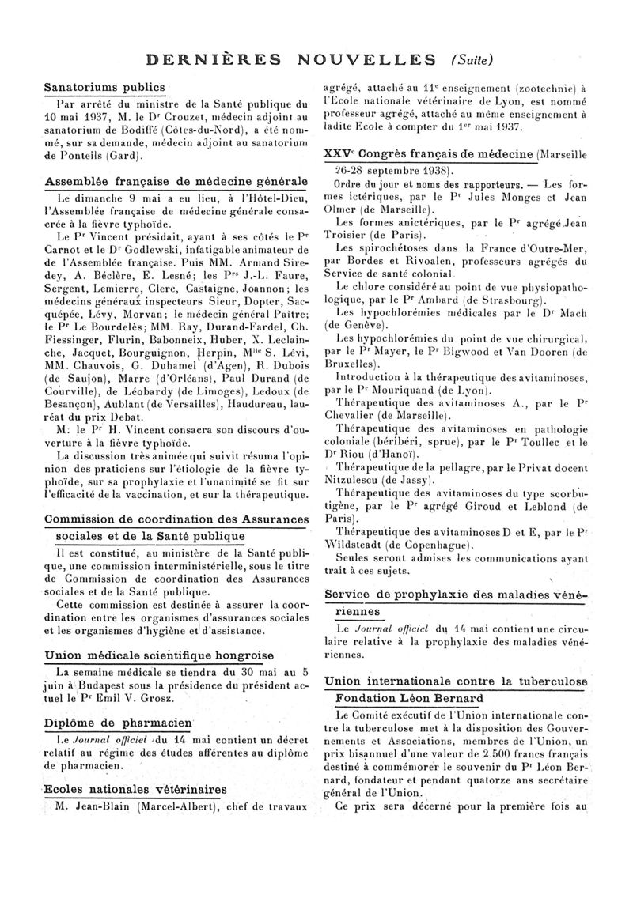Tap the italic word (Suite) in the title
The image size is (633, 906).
click(x=471, y=59)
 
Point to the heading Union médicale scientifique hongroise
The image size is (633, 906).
click(x=158, y=655)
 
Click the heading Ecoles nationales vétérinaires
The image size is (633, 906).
click(x=135, y=790)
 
